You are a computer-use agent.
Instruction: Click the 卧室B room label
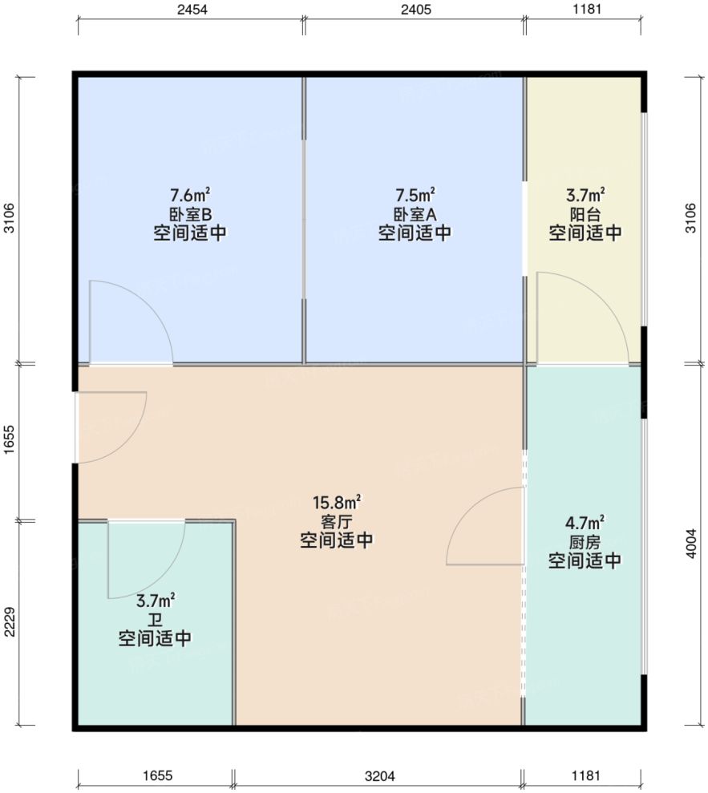click(x=190, y=214)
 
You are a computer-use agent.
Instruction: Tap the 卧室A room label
click(x=415, y=214)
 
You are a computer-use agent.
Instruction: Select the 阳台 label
click(x=585, y=214)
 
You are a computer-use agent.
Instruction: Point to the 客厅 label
click(x=337, y=522)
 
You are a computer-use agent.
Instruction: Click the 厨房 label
click(x=585, y=542)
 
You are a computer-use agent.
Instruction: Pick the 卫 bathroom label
click(x=156, y=620)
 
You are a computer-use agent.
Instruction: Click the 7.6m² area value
click(x=190, y=195)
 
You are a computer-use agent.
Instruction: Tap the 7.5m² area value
click(x=415, y=195)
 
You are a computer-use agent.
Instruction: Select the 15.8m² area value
click(x=337, y=503)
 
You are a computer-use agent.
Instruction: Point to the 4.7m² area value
click(x=585, y=523)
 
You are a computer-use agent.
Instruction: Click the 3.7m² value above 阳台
click(x=585, y=195)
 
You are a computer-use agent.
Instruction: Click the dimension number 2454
click(x=190, y=10)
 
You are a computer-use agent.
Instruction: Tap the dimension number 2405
click(x=414, y=10)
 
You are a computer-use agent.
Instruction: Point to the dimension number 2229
click(x=10, y=621)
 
